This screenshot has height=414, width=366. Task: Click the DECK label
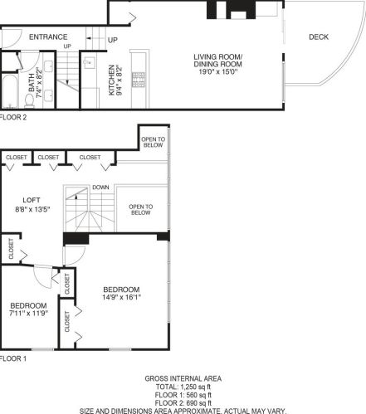(319, 37)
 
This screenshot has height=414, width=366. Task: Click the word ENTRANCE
(47, 37)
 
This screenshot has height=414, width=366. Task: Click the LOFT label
(32, 200)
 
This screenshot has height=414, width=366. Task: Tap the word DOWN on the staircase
(101, 187)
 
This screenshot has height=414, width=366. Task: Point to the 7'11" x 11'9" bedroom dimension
(28, 314)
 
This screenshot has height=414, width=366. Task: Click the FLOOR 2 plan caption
(13, 118)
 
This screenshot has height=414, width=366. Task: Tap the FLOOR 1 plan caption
(13, 358)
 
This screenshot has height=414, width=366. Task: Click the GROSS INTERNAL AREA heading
(183, 378)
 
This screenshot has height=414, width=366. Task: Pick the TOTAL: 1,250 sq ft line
(183, 387)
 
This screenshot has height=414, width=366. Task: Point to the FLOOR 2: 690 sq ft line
(183, 402)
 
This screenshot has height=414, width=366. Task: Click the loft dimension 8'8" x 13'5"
(32, 209)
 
